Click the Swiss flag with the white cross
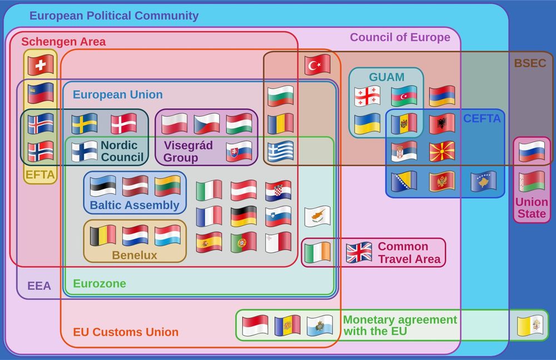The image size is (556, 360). coord(41,64)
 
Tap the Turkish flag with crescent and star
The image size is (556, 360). coord(317,65)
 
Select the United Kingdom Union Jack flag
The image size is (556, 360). coord(359,253)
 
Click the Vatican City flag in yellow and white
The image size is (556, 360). coord(529,326)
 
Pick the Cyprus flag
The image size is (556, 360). coord(317,216)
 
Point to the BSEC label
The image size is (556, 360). coord(530,63)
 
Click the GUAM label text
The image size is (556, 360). coord(386,77)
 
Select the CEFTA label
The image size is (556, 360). coord(481,118)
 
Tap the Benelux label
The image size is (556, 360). coord(135,256)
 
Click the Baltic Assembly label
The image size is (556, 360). coord(135,205)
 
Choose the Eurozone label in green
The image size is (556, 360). coord(100,283)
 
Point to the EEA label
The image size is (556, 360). coord(39,286)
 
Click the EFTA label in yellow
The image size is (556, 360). coord(40,175)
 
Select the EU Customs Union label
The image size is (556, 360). coord(126,332)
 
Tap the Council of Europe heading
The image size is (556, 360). coord(400,37)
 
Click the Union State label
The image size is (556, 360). coord(531,207)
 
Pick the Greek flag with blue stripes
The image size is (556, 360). coord(280,151)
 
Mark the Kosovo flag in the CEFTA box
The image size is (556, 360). coord(484,181)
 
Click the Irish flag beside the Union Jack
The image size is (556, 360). coord(317,253)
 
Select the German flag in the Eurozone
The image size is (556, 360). coord(244,216)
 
